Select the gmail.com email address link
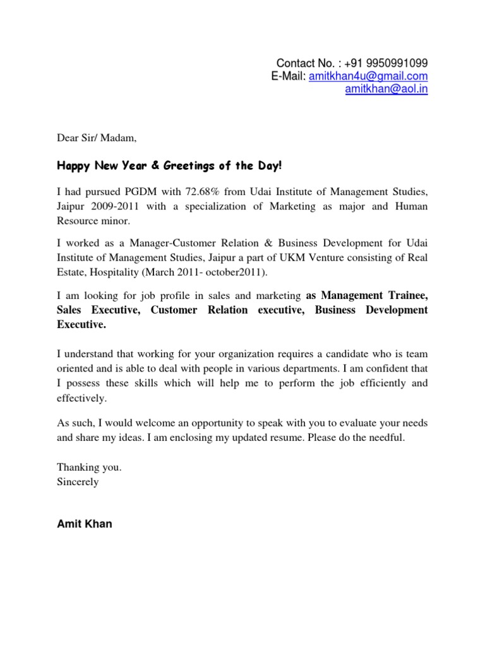(x=368, y=76)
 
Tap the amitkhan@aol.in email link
(x=386, y=90)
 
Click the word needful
(x=386, y=437)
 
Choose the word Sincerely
(x=78, y=482)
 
